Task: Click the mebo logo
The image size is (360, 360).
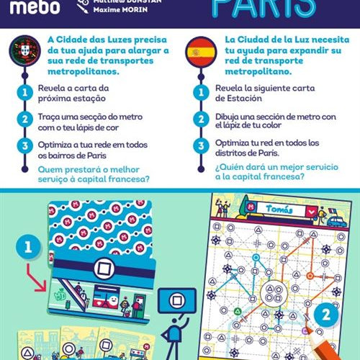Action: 35,7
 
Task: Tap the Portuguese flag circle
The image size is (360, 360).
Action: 25,50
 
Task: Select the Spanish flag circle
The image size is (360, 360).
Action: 201,52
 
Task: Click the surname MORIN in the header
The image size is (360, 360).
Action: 134,9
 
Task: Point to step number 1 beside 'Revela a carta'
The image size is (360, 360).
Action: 25,93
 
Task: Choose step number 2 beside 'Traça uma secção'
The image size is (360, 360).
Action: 25,120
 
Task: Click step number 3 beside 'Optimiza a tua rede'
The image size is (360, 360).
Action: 25,146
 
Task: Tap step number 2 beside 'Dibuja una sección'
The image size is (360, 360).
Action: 201,120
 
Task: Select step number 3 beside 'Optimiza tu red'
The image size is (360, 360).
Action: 201,146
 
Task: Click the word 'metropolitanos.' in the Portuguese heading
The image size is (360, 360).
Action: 84,71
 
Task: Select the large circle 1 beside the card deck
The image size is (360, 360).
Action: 28,247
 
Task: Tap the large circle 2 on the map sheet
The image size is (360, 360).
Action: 326,315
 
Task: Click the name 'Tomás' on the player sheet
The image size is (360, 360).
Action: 279,209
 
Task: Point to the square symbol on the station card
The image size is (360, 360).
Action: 104,269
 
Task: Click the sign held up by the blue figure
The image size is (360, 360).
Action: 177,301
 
